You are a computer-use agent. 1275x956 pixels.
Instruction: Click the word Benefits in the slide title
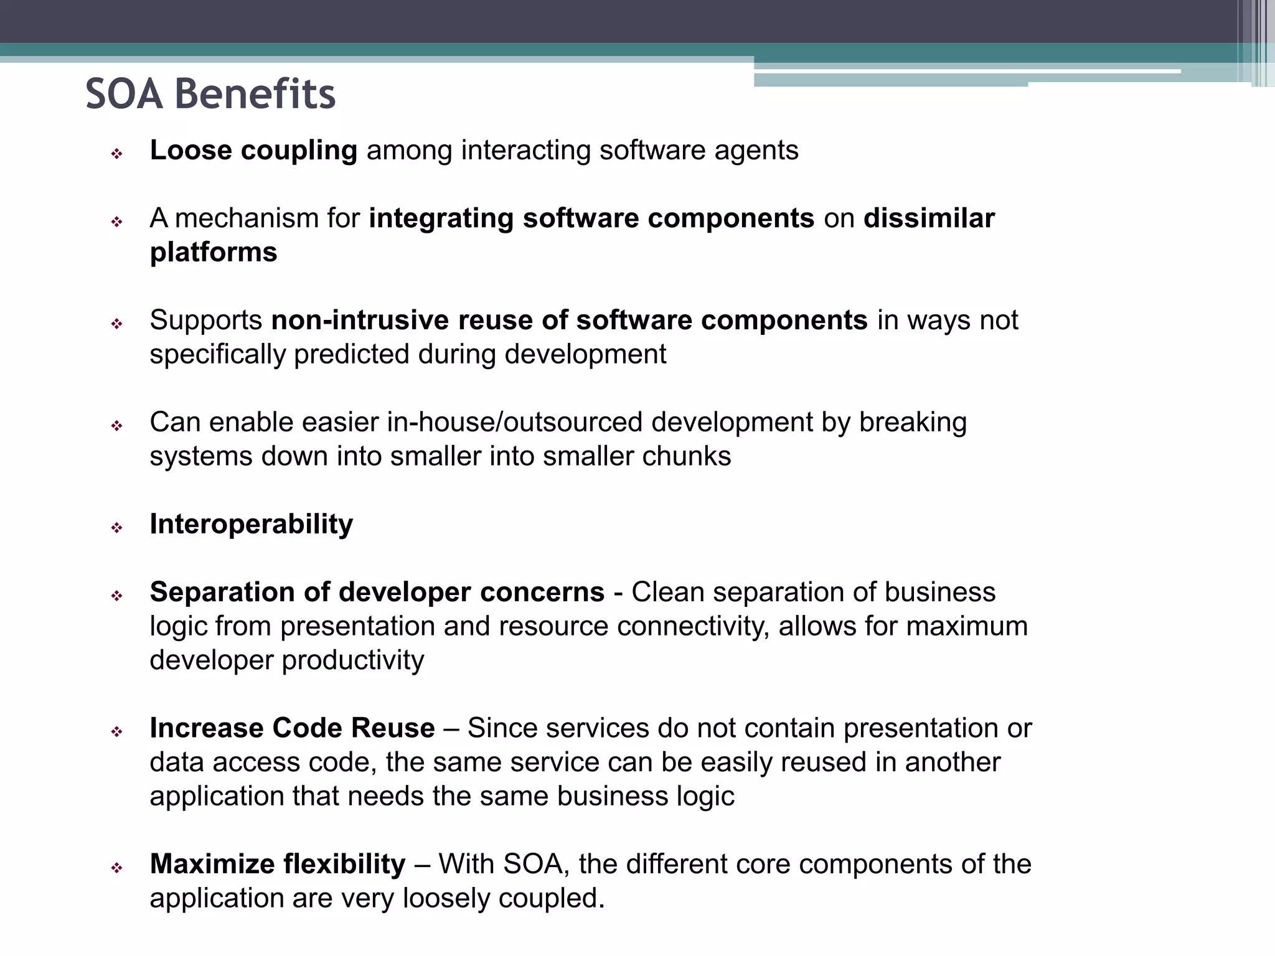tap(255, 95)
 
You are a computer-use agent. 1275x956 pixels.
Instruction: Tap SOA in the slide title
tap(124, 95)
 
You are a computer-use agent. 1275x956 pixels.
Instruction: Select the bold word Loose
tap(191, 151)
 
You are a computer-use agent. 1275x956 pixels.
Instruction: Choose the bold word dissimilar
tap(929, 218)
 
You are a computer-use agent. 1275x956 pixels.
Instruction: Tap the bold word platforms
tap(214, 253)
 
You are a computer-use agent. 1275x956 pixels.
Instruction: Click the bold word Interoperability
tap(252, 524)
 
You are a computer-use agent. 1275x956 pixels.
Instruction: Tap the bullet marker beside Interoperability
tap(116, 528)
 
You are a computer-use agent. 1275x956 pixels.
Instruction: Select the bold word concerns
tap(542, 592)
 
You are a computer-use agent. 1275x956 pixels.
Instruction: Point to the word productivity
tap(352, 660)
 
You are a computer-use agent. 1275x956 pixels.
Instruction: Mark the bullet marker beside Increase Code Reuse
tap(116, 732)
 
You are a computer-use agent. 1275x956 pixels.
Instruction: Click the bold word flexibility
tap(344, 865)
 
